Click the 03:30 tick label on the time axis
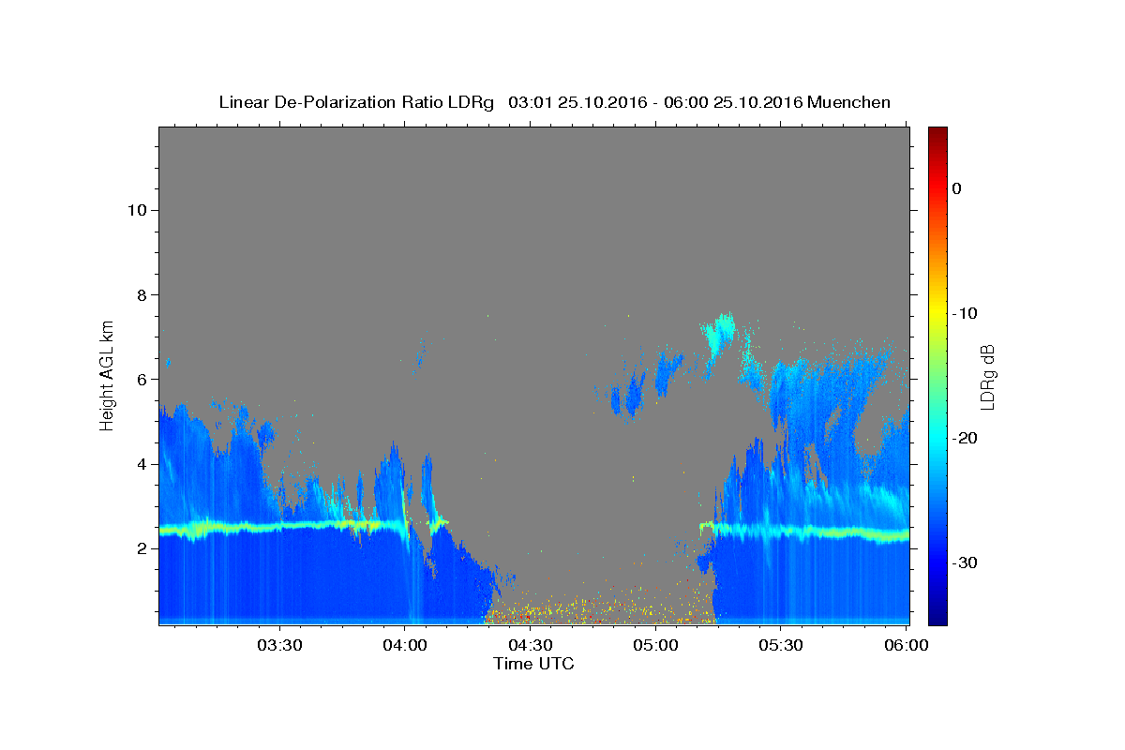(279, 645)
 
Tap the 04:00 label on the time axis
(405, 645)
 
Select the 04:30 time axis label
(531, 645)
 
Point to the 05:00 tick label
(655, 645)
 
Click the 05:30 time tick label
(780, 645)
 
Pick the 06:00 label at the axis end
(906, 645)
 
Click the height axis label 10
(137, 210)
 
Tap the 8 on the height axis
(142, 295)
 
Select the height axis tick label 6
(142, 380)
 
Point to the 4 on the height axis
(142, 464)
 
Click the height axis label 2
(142, 548)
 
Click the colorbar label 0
(957, 188)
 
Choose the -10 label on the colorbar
(965, 313)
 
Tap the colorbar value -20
(965, 438)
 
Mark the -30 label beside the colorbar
(965, 562)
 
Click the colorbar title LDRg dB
(988, 377)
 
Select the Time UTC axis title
(533, 664)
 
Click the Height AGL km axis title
(107, 376)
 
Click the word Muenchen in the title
(848, 102)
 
